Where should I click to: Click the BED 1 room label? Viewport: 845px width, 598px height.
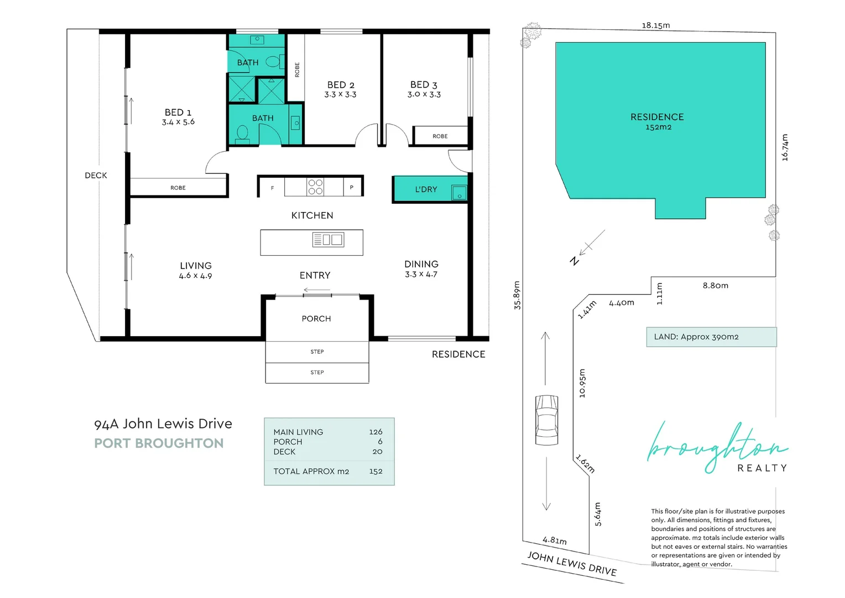click(x=178, y=112)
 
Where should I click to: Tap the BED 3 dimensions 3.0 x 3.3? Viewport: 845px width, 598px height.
click(x=424, y=95)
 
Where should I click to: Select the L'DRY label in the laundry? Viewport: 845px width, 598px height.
click(x=426, y=189)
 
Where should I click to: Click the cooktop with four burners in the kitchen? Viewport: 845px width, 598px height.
click(x=315, y=187)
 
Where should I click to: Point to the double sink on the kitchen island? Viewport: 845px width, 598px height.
click(x=328, y=240)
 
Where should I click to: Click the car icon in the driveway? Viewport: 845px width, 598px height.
click(x=546, y=420)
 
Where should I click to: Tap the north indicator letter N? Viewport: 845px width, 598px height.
click(x=575, y=261)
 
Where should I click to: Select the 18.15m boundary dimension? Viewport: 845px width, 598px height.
click(x=655, y=25)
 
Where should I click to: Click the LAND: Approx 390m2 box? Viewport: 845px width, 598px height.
click(x=711, y=337)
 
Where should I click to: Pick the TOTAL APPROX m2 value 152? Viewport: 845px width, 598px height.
click(x=375, y=471)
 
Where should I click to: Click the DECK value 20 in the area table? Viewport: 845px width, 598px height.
click(x=377, y=452)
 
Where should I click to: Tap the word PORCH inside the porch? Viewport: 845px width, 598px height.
click(x=316, y=319)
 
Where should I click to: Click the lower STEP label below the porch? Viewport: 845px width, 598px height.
click(x=317, y=373)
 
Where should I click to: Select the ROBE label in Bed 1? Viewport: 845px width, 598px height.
click(x=178, y=188)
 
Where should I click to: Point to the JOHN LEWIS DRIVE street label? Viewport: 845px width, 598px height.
click(x=571, y=564)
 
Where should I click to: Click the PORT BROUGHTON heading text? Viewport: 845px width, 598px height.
click(x=159, y=444)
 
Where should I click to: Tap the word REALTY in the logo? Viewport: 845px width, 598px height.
click(x=761, y=468)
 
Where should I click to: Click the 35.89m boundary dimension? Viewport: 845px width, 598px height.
click(x=517, y=295)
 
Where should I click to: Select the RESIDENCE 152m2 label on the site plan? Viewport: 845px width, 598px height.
click(x=657, y=121)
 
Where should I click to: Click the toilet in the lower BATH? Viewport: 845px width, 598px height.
click(x=242, y=133)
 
